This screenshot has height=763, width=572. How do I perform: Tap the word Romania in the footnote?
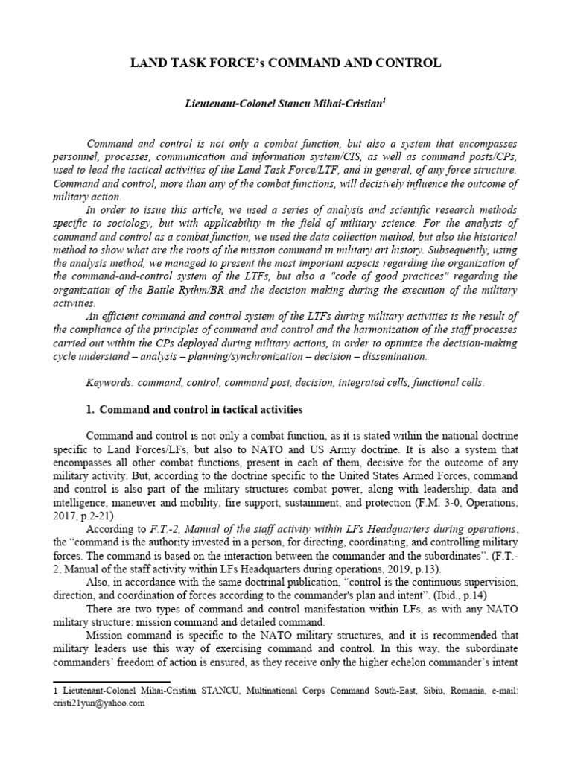[x=460, y=690]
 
